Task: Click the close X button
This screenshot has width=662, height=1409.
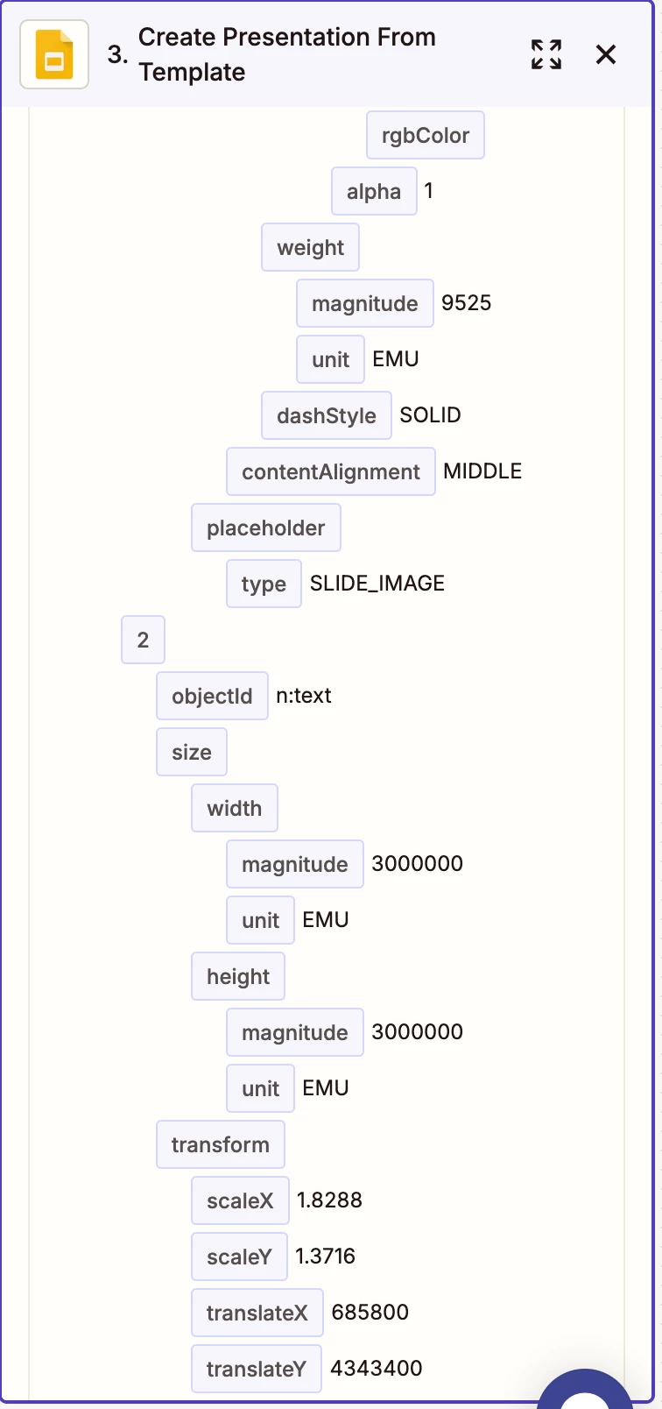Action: click(x=605, y=54)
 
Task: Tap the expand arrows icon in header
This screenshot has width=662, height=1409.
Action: click(x=546, y=54)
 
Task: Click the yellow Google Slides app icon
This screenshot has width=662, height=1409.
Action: click(x=54, y=54)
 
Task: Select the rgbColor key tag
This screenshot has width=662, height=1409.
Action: click(x=425, y=135)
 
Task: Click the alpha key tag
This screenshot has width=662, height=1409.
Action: click(x=374, y=191)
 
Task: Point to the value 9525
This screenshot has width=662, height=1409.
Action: click(x=466, y=303)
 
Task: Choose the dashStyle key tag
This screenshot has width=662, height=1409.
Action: click(x=327, y=415)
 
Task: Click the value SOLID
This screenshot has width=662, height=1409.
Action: click(x=431, y=415)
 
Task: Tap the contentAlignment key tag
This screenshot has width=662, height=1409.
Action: click(x=331, y=471)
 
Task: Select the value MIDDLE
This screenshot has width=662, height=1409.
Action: click(x=482, y=471)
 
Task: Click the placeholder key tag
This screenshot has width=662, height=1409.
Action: click(x=266, y=527)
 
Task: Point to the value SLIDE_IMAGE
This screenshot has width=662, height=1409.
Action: click(x=377, y=584)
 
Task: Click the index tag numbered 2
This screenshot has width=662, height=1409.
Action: click(x=143, y=640)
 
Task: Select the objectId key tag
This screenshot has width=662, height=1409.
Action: click(x=212, y=696)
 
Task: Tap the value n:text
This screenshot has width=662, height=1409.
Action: click(x=304, y=696)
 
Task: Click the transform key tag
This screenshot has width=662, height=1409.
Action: click(x=220, y=1144)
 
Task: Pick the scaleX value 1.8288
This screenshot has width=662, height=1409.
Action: click(x=329, y=1200)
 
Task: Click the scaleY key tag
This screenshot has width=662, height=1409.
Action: click(x=239, y=1257)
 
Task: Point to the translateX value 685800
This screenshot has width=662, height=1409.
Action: click(x=370, y=1312)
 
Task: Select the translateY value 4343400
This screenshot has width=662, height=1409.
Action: click(x=377, y=1368)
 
